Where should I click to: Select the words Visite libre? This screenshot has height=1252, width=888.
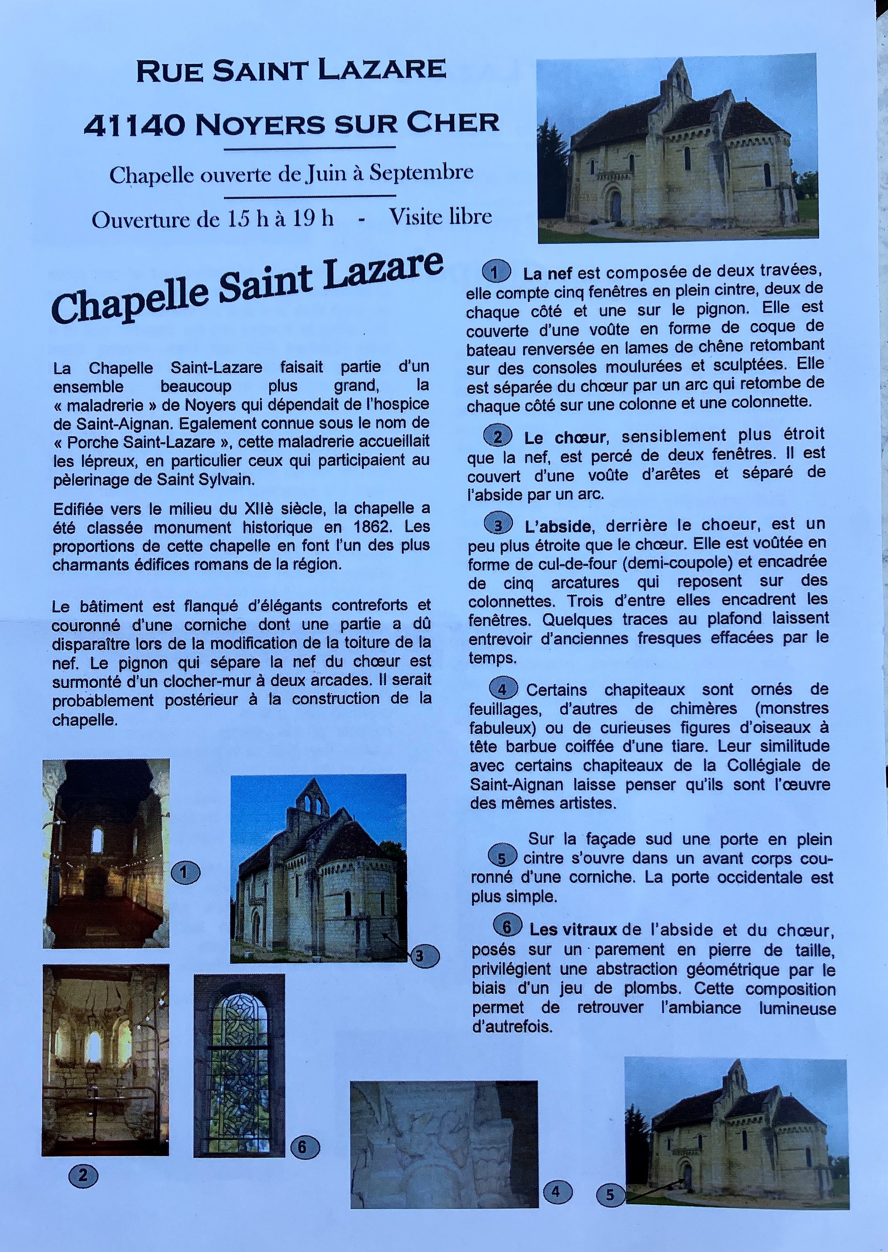click(x=440, y=217)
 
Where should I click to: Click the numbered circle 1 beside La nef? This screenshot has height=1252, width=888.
click(x=496, y=272)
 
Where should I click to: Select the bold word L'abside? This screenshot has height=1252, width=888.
click(x=557, y=526)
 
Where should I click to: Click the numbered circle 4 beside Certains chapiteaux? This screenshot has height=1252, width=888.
click(x=502, y=689)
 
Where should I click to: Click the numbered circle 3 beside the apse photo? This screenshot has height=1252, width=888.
click(x=424, y=956)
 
